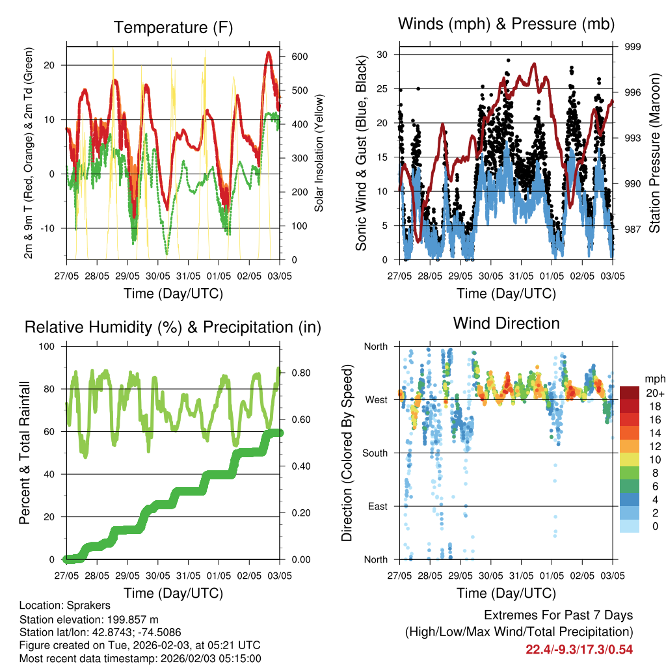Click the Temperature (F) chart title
(173, 27)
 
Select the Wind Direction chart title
(506, 323)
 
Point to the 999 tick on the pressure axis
(632, 47)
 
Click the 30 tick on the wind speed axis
(382, 55)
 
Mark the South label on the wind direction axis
(375, 453)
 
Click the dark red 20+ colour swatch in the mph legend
(630, 393)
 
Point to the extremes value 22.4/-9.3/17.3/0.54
(579, 649)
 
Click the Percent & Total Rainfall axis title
(25, 453)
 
